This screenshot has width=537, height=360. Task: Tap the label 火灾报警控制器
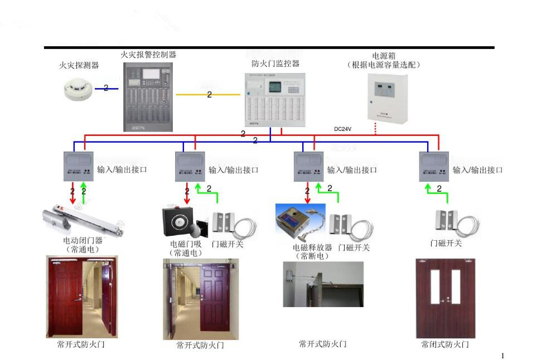point(148,55)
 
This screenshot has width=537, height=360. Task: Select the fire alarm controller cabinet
point(148,97)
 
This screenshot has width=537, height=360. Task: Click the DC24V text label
point(343,129)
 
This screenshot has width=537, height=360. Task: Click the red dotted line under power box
point(375,129)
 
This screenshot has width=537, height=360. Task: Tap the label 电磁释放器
point(312,247)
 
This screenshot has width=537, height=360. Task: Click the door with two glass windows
point(445,298)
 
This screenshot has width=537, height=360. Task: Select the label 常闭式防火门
point(445,344)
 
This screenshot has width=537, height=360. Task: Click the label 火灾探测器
point(79,66)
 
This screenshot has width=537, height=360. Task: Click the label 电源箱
point(384,56)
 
